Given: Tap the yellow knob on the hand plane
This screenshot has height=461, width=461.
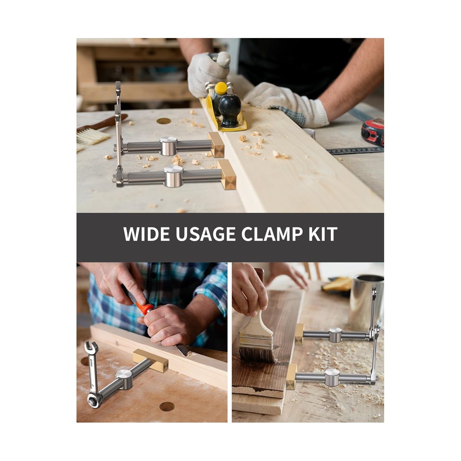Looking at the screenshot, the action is pyautogui.click(x=221, y=88).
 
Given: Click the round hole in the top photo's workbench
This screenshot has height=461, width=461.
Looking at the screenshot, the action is pyautogui.click(x=164, y=121).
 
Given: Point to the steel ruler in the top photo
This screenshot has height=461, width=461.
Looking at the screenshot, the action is pyautogui.click(x=355, y=151).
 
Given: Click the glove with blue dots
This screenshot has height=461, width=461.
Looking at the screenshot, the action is pyautogui.click(x=287, y=105).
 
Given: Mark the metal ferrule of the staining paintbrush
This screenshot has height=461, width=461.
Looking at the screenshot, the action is pyautogui.click(x=257, y=341).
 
